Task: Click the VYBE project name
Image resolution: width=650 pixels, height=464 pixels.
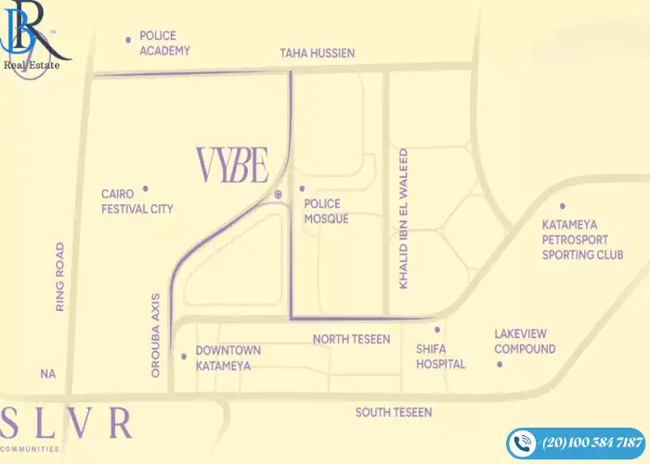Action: point(232,165)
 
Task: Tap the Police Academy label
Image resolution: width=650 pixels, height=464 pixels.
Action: point(165,43)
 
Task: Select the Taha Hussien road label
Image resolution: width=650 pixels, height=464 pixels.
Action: point(318,54)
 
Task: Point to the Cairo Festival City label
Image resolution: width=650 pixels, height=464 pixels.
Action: point(136,202)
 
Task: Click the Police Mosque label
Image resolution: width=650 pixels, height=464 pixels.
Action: point(326,211)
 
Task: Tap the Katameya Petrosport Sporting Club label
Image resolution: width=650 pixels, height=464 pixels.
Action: point(582,239)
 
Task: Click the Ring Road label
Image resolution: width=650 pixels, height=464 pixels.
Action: point(59,276)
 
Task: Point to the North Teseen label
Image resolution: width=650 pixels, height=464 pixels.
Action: point(351,340)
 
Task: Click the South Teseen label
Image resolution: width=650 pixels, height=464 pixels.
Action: point(394,412)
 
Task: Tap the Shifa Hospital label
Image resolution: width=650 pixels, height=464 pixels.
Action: point(440,356)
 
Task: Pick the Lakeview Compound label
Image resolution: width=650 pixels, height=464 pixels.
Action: point(525,342)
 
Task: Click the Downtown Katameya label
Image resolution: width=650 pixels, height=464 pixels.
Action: point(227,358)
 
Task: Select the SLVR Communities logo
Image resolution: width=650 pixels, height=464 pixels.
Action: point(67,426)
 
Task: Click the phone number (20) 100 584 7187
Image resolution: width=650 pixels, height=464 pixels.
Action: point(591,442)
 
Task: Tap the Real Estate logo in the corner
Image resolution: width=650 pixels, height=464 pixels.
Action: point(32,37)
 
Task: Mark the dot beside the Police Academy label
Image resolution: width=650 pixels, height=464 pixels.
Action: point(128,39)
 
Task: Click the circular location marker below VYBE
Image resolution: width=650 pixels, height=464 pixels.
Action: point(278,194)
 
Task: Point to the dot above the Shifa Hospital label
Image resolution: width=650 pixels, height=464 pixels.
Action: point(436,329)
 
